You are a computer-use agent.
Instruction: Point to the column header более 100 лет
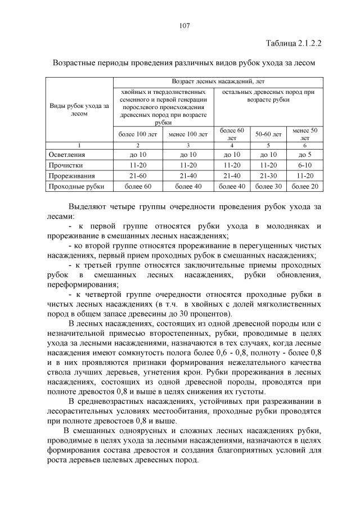pyautogui.click(x=137, y=134)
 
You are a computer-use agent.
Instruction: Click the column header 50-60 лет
pyautogui.click(x=268, y=134)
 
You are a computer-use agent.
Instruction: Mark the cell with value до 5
pyautogui.click(x=305, y=154)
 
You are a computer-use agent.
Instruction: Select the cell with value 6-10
pyautogui.click(x=305, y=165)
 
